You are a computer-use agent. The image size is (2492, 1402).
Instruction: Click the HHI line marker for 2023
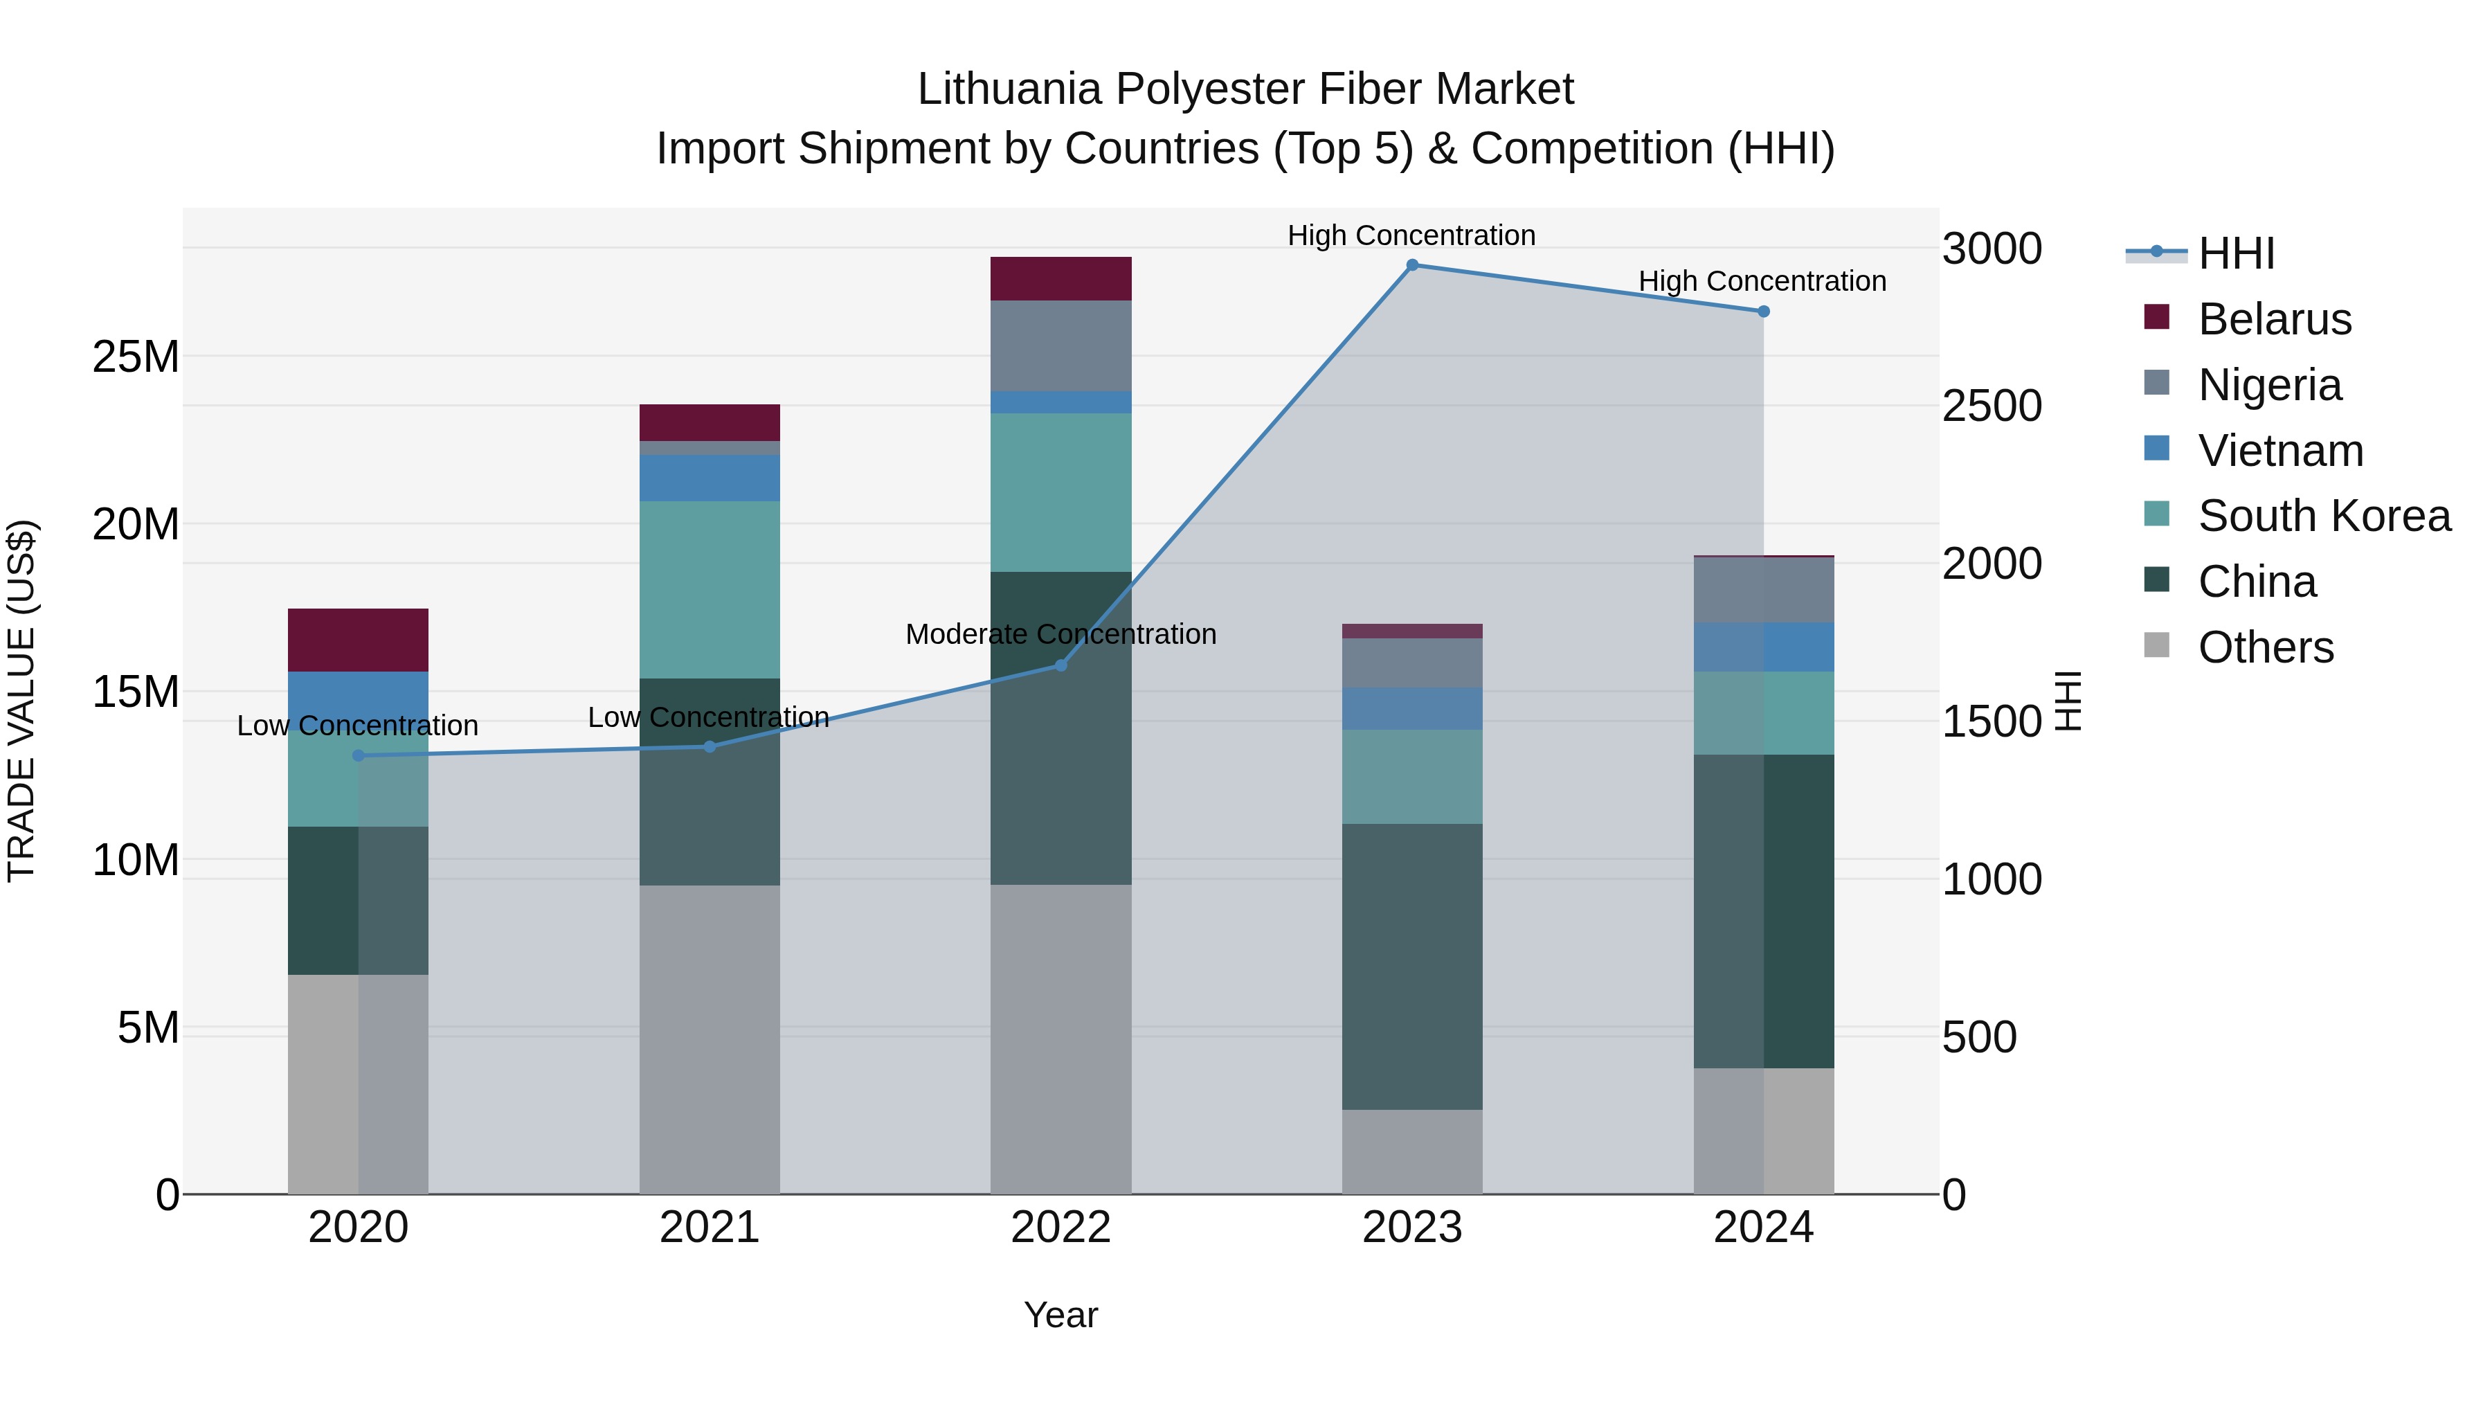1411,265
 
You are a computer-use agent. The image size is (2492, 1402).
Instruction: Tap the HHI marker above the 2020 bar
358,755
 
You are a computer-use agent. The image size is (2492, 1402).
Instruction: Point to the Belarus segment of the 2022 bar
1060,278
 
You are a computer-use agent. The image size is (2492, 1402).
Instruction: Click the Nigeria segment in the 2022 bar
1060,345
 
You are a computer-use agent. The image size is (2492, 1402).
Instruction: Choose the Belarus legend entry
2273,319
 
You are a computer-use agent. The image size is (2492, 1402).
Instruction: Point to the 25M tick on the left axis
136,357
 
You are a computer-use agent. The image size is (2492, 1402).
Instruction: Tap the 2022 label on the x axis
1060,1228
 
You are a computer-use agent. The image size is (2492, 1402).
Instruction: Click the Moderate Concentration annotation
1060,635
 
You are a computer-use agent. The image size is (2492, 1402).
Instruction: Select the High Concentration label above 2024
1762,282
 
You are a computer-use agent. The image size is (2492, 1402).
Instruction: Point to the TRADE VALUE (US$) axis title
22,701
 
